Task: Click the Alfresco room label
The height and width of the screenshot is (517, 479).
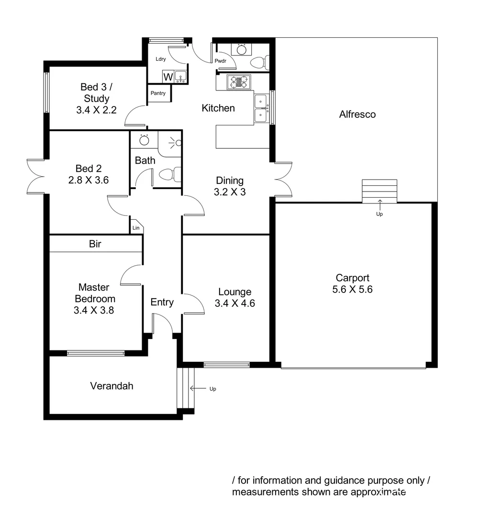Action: (x=357, y=114)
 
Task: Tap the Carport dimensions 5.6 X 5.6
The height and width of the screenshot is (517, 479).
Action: (x=353, y=290)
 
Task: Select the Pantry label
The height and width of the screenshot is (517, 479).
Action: (x=158, y=93)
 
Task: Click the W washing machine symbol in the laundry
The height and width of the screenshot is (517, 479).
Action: (x=167, y=77)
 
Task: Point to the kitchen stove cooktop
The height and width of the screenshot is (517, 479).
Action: (x=239, y=82)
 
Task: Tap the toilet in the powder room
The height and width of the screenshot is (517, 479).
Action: (x=259, y=62)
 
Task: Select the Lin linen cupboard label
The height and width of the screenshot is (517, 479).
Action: (x=136, y=228)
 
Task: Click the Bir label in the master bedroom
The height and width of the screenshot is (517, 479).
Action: (x=95, y=244)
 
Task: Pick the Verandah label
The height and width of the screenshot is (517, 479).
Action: (x=111, y=386)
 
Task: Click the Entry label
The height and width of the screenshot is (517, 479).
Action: (x=162, y=302)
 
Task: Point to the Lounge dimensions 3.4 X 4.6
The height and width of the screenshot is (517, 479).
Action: (x=234, y=303)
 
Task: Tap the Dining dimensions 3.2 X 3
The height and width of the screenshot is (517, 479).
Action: (x=230, y=192)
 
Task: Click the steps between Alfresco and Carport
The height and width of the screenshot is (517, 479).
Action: (x=379, y=191)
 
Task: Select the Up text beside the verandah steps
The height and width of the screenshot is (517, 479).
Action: (x=212, y=389)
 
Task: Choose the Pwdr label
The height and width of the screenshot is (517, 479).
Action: (x=221, y=61)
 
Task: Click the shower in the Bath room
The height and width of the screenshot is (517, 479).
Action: (x=170, y=143)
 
